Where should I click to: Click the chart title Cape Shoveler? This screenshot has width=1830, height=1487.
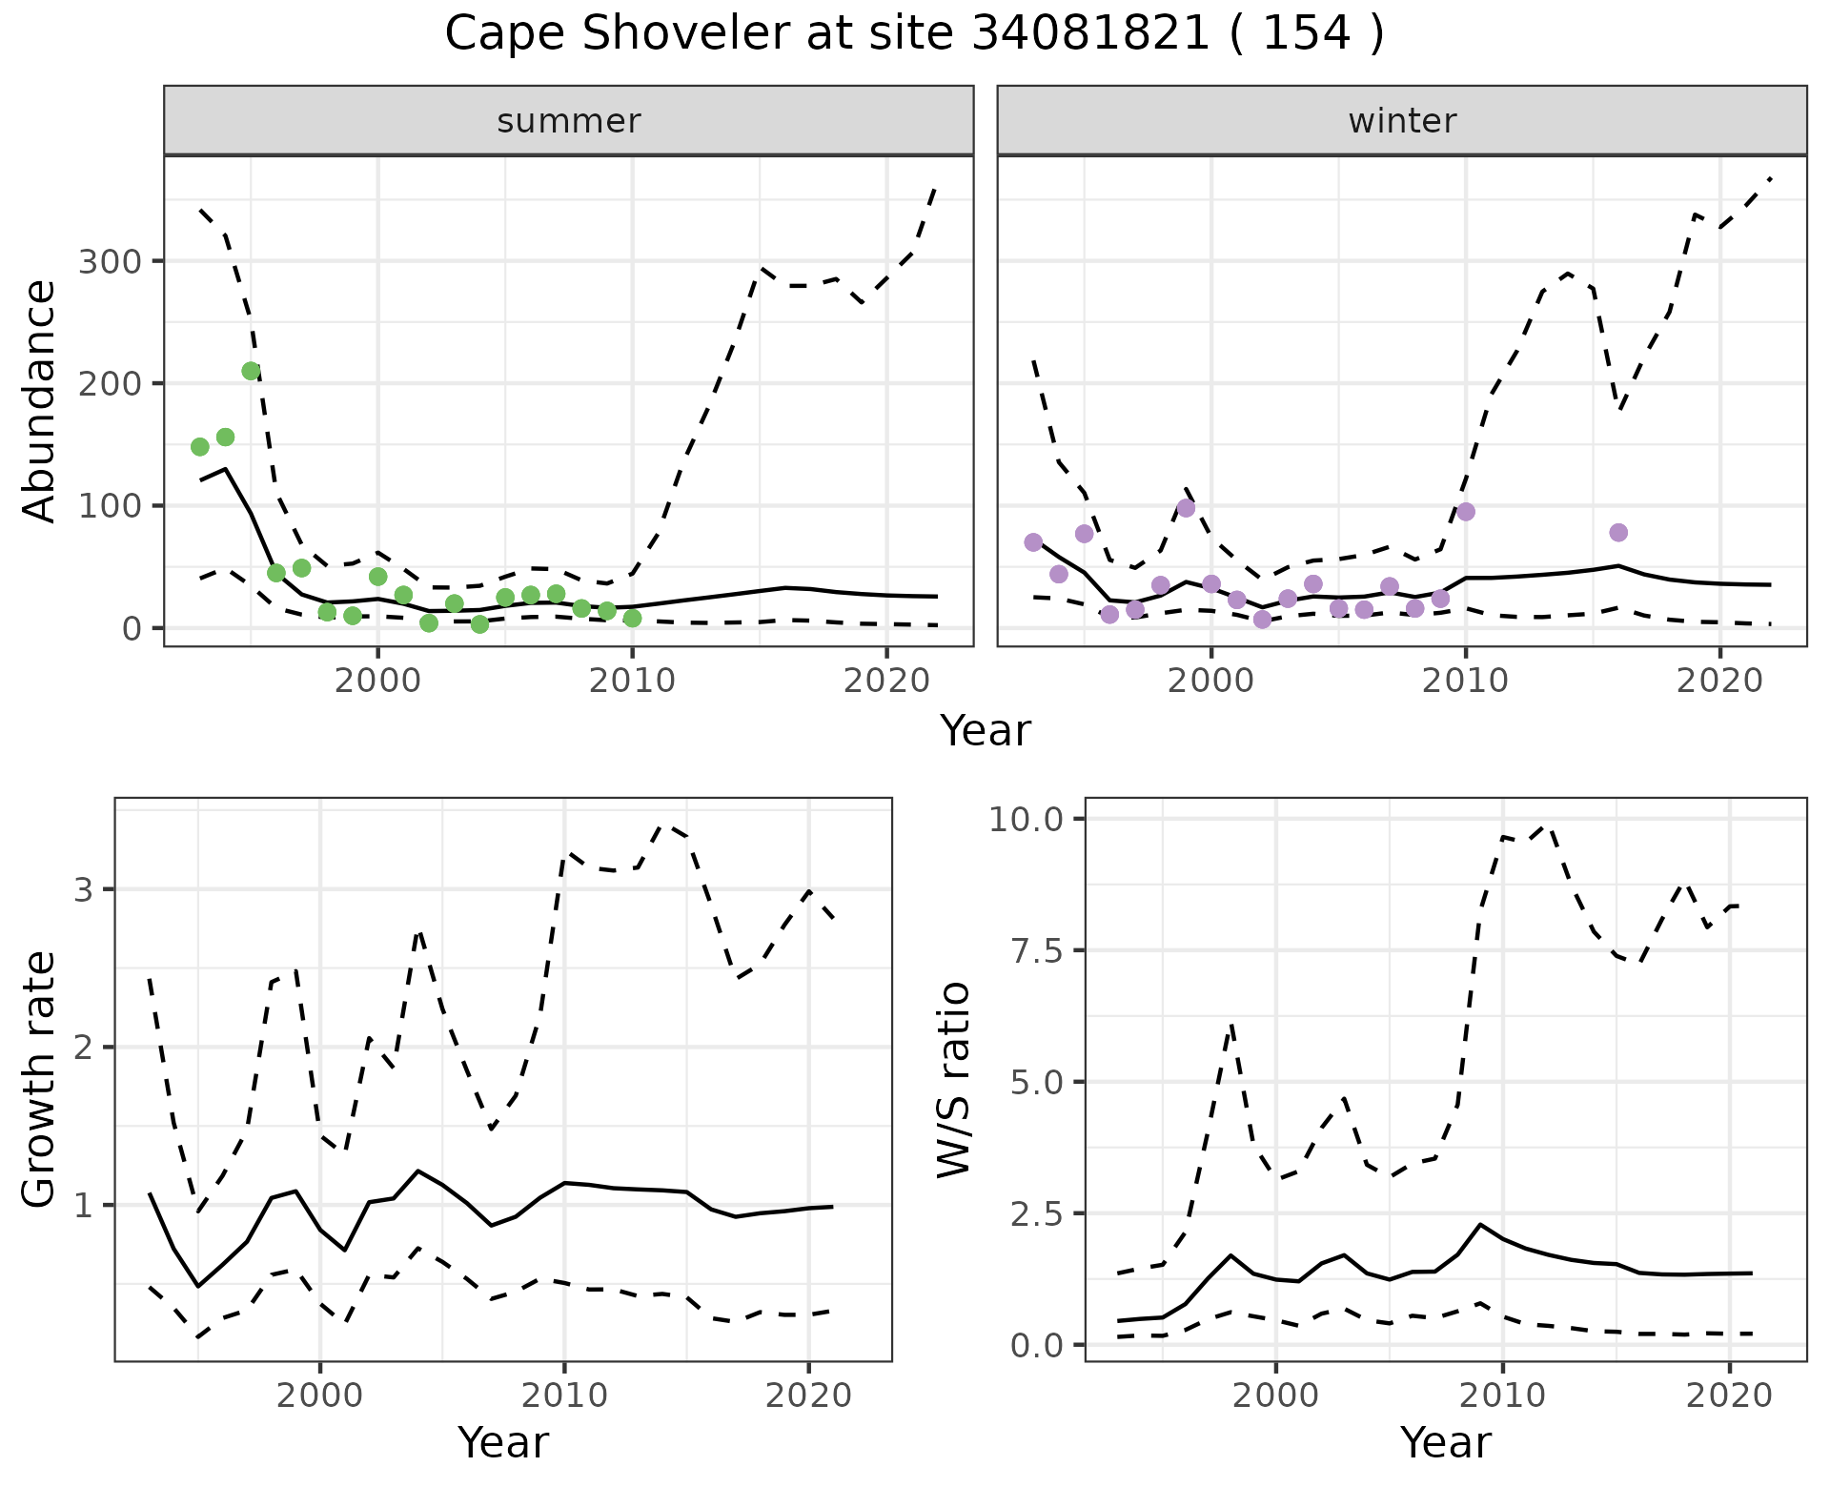tap(913, 34)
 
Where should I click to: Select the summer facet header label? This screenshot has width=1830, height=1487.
tap(569, 121)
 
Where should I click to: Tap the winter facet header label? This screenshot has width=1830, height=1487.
tap(1402, 121)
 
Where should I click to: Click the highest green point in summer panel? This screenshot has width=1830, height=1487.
tap(251, 371)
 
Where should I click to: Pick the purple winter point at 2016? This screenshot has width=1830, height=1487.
tap(1618, 532)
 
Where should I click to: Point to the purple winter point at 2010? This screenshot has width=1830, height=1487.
tap(1466, 512)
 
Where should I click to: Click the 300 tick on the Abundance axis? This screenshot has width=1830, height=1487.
tap(109, 261)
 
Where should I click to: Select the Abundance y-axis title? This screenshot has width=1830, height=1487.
tap(40, 401)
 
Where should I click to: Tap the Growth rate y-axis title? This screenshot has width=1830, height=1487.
tap(40, 1080)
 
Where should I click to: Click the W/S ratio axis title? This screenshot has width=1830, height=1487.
tap(953, 1080)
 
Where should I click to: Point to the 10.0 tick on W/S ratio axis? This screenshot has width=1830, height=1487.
tap(1029, 819)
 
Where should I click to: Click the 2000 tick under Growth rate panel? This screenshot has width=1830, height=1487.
tap(320, 1395)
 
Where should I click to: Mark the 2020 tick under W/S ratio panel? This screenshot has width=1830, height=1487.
tap(1729, 1395)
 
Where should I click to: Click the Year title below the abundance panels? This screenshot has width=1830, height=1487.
tap(986, 731)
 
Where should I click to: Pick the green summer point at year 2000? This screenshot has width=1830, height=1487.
tap(377, 577)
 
